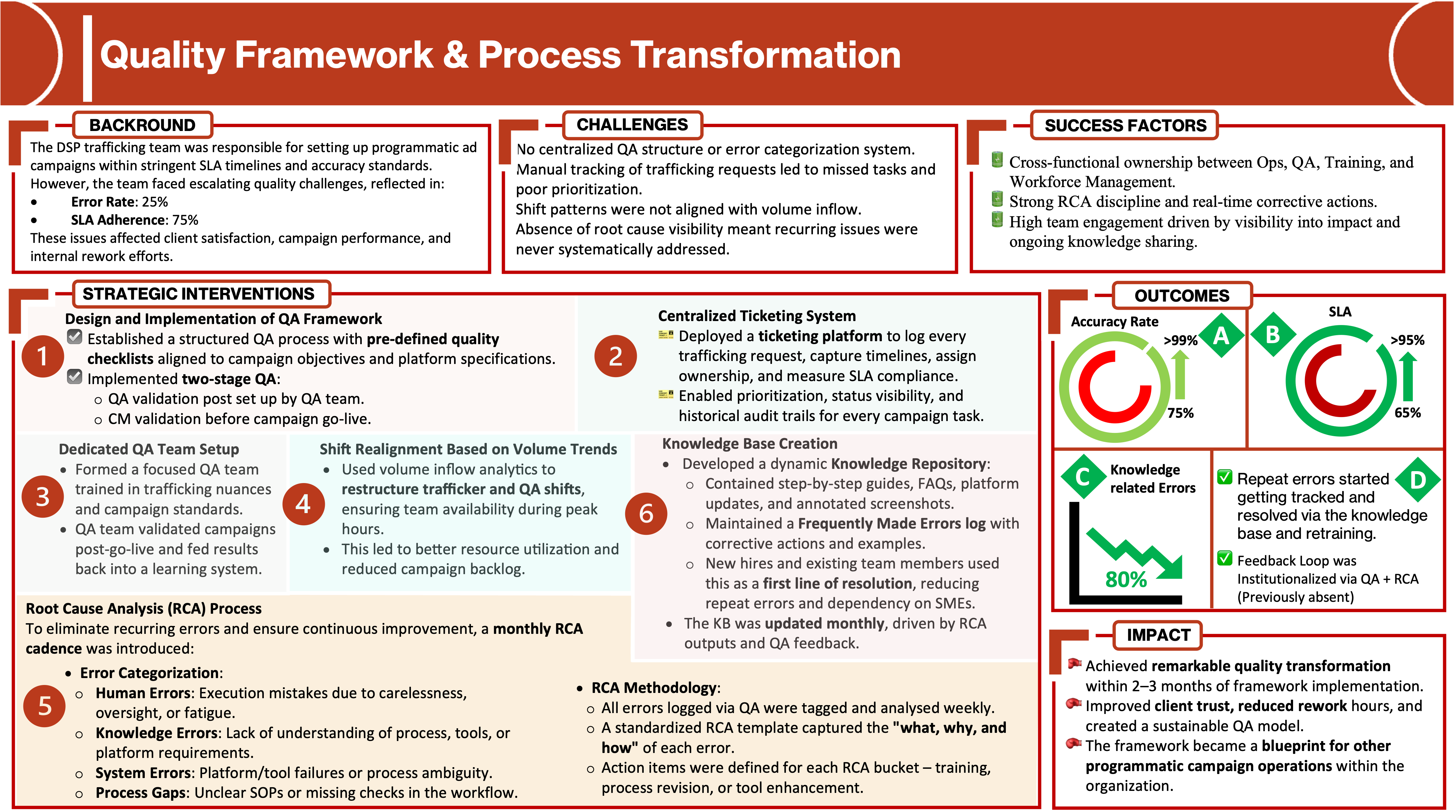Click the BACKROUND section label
click(x=142, y=125)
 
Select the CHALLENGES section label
click(x=632, y=124)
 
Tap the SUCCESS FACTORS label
click(x=1125, y=125)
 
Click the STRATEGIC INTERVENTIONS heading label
click(x=199, y=294)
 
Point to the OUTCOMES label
click(x=1181, y=295)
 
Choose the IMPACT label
click(x=1158, y=635)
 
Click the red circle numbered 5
click(x=45, y=706)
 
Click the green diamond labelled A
click(x=1221, y=336)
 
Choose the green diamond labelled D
click(x=1417, y=480)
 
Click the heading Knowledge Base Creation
click(x=750, y=444)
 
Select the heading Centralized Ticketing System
click(x=757, y=316)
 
